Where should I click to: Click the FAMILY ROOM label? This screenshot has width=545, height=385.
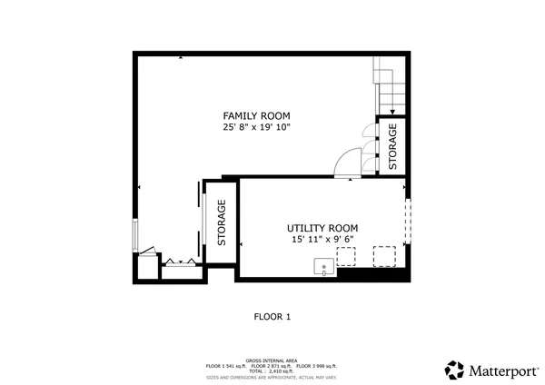pos(256,115)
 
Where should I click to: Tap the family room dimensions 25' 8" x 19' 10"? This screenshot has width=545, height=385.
pos(256,128)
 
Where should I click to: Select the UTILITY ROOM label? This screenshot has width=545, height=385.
pos(322,228)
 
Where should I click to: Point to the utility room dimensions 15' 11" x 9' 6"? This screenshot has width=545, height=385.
pos(322,240)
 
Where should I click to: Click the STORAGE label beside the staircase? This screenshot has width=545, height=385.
pos(393,145)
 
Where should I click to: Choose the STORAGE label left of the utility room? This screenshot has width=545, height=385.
pos(221,223)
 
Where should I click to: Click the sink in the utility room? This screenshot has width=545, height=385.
pos(323,265)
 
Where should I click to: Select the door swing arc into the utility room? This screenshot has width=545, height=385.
pos(345,163)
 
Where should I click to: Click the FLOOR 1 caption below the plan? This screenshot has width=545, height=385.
pos(272,317)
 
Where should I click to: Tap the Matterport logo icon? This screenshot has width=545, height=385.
pos(454,370)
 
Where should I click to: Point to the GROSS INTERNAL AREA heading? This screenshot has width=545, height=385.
pos(272,360)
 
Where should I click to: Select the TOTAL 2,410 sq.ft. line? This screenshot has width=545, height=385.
pos(272,370)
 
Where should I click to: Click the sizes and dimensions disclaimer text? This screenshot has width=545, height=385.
pos(272,376)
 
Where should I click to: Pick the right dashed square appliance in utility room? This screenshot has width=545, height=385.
pos(385,256)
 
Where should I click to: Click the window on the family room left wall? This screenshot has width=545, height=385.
pos(136,236)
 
